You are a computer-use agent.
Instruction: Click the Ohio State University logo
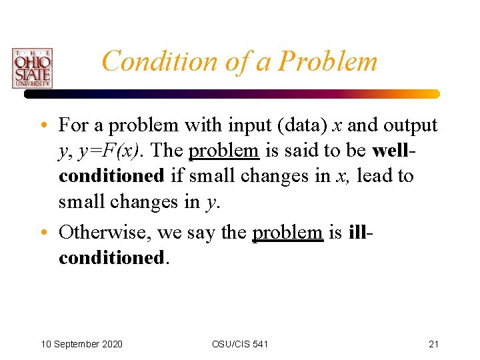point(31,68)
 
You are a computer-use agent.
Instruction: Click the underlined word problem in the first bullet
point(223,151)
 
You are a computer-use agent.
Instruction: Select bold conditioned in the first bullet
point(111,176)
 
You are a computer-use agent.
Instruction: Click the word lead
point(377,176)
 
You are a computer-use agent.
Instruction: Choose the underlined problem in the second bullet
point(287,232)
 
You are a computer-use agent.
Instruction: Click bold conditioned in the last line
point(111,257)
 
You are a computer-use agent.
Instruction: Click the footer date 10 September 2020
point(81,344)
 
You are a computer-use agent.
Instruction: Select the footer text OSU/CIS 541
point(240,344)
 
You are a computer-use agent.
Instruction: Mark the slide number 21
point(433,344)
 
